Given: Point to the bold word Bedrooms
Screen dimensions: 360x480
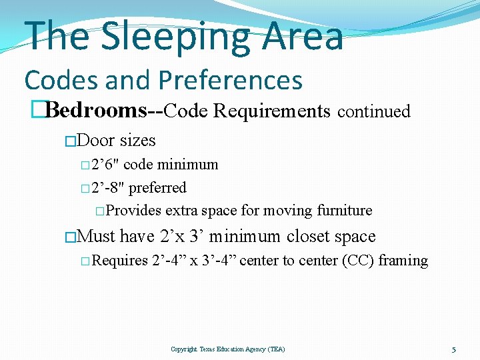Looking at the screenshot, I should click(97, 111).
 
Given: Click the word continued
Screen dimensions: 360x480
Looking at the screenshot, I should click(373, 111).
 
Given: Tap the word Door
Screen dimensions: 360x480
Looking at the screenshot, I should click(96, 141).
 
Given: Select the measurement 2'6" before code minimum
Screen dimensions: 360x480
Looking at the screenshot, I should click(105, 165).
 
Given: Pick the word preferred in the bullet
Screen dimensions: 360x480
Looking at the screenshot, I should click(157, 188).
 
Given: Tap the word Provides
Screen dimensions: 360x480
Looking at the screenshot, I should click(133, 211).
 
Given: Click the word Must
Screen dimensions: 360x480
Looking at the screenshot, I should click(97, 237).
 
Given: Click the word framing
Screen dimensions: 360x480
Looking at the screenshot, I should click(403, 261).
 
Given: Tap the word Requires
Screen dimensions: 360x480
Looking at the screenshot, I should click(119, 261).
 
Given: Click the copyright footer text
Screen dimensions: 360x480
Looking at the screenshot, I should click(227, 349).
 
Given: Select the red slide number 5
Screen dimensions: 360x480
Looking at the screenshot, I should click(453, 349).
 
